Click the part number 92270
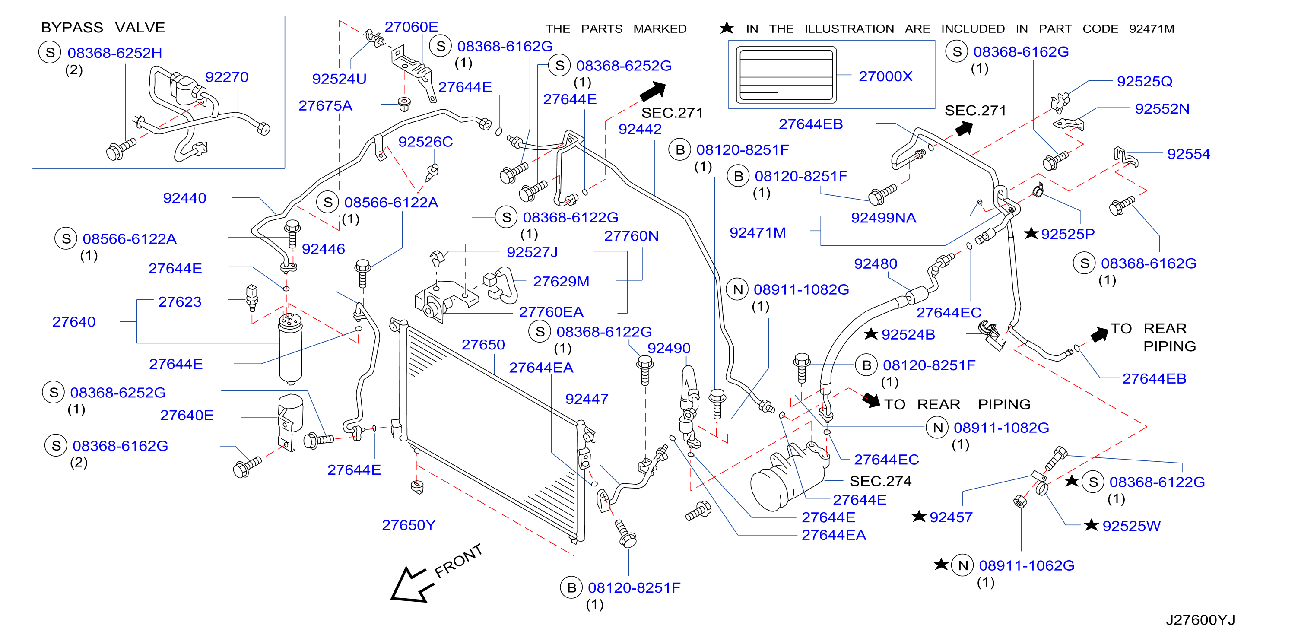(226, 77)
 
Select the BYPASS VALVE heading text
(103, 27)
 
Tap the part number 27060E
(411, 27)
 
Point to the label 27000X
(885, 76)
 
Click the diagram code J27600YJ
(1200, 620)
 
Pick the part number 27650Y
(408, 525)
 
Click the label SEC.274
(880, 481)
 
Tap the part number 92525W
(1131, 526)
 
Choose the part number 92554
(1188, 154)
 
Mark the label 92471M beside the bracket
(757, 232)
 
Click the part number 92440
(184, 198)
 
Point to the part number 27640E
(187, 415)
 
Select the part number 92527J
(532, 252)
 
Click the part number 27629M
(561, 281)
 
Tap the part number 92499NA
(883, 218)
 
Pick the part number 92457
(951, 517)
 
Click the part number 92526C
(425, 142)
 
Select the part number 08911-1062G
(1026, 565)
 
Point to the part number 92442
(640, 129)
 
